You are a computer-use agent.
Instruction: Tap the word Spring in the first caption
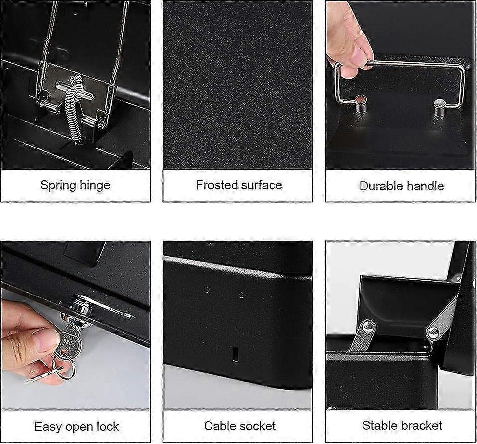(58, 185)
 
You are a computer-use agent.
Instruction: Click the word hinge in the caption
(94, 185)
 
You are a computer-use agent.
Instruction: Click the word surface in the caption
(260, 185)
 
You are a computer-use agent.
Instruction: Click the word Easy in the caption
(48, 427)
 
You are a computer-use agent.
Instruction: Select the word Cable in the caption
(220, 426)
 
